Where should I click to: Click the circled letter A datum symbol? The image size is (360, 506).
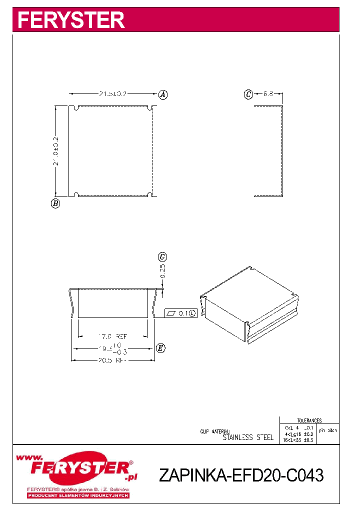(162, 94)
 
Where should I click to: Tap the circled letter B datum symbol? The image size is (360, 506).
(55, 203)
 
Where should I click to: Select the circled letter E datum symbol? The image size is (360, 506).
(160, 348)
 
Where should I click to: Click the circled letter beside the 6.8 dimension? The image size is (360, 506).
(248, 94)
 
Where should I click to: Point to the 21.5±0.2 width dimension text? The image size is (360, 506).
(112, 93)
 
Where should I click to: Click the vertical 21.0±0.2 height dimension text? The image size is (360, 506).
(56, 151)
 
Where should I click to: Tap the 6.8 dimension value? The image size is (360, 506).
(268, 93)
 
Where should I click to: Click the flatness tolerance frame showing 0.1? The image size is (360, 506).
(180, 313)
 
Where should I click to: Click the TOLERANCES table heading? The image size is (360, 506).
(309, 420)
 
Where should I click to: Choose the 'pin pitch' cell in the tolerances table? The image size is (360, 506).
(328, 430)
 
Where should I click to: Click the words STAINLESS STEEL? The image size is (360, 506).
(248, 437)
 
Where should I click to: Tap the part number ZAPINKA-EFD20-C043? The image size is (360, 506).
(241, 475)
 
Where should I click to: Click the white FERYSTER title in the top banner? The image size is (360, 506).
(71, 20)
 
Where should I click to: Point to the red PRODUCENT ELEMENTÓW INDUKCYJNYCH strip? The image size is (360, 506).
(78, 495)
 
